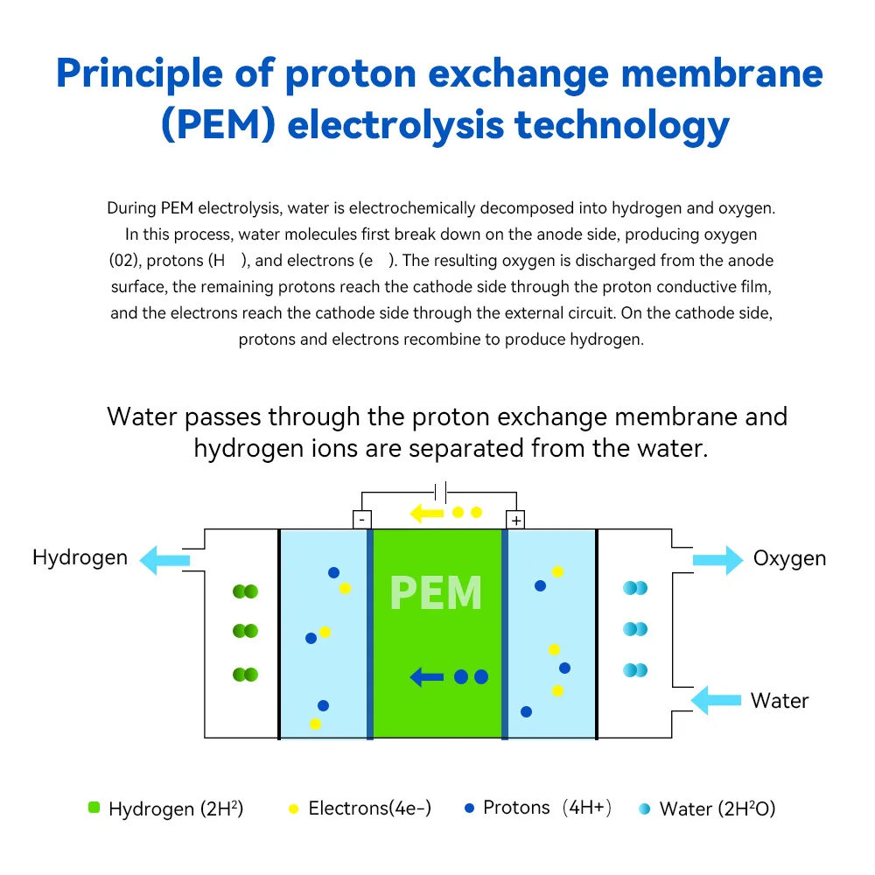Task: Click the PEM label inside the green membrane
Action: (x=436, y=592)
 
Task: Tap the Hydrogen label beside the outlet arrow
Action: (x=80, y=557)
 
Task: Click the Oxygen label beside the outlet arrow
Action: (x=789, y=558)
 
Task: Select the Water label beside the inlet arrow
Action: (x=779, y=700)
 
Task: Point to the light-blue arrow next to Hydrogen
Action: (x=164, y=560)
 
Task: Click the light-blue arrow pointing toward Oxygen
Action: (x=718, y=560)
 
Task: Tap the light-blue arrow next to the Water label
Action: (x=716, y=700)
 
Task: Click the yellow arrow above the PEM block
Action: (x=426, y=513)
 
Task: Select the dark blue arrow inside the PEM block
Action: (x=426, y=677)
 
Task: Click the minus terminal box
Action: (x=362, y=520)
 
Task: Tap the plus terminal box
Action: (x=515, y=520)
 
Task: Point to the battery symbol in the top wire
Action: (x=441, y=492)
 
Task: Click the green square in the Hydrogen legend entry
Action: (x=94, y=808)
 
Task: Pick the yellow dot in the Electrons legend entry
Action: (x=293, y=808)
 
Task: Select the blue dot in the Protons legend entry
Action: (x=469, y=808)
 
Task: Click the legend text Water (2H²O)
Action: (x=717, y=808)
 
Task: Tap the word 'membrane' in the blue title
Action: (x=722, y=73)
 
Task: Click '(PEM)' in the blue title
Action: (x=218, y=124)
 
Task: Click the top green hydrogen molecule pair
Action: (x=245, y=591)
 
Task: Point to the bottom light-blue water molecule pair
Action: (x=635, y=669)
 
